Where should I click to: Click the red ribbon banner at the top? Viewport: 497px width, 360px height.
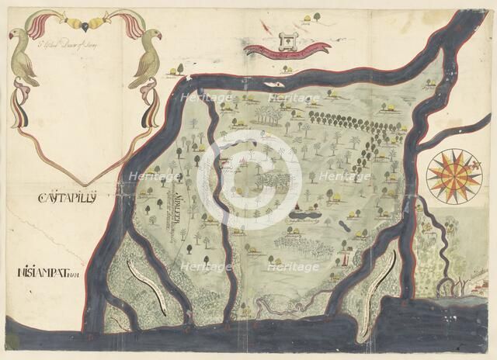tap(287, 48)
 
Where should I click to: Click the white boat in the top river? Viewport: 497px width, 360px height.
tap(272, 83)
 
